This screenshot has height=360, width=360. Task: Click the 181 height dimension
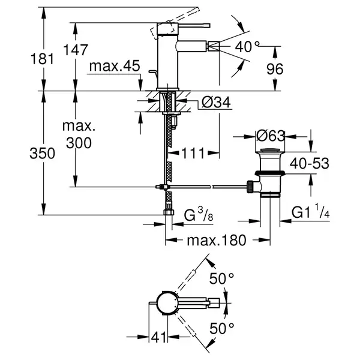tap(42, 59)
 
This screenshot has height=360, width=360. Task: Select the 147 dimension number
tap(76, 50)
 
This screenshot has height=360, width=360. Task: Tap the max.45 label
tap(115, 66)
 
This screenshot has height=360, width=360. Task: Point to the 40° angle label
tap(247, 47)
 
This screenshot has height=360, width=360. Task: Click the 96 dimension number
tap(275, 68)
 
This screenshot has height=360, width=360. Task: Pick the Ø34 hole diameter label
tap(216, 103)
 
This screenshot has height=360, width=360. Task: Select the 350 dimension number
tap(42, 154)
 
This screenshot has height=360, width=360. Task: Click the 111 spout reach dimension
tap(193, 153)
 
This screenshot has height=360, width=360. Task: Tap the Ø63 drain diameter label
tap(271, 136)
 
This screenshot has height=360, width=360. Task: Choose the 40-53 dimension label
tap(309, 163)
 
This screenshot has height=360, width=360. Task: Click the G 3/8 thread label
tap(199, 215)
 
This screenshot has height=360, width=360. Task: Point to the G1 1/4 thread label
tap(311, 212)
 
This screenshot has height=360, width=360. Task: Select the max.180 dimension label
tap(217, 241)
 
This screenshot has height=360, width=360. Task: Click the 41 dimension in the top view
tap(158, 337)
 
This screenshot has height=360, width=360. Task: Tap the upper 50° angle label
tap(221, 278)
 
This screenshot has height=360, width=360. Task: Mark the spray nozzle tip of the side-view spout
tap(214, 46)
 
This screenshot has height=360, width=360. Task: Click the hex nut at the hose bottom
tap(169, 212)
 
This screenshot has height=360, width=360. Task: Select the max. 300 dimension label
tap(79, 134)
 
